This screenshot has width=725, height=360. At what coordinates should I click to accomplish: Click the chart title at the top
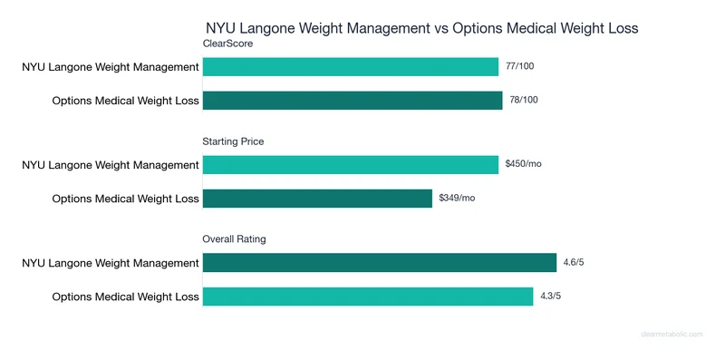tap(421, 28)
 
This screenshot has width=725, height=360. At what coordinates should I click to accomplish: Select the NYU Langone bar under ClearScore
tap(350, 66)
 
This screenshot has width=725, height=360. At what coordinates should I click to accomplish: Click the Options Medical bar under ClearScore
tap(352, 100)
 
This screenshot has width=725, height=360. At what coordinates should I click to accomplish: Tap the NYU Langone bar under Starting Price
tap(350, 164)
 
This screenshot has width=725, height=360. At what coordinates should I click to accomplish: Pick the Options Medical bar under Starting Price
tap(317, 198)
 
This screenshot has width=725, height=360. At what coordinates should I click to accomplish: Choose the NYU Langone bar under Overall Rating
tap(379, 262)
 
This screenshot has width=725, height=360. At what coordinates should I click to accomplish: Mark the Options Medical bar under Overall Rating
tap(367, 296)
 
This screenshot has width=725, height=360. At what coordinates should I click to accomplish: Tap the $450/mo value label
tap(523, 164)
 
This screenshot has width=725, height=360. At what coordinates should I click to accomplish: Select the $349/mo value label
tap(457, 198)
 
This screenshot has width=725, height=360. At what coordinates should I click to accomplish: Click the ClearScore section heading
tap(227, 44)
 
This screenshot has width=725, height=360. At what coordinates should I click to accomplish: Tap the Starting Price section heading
tap(233, 141)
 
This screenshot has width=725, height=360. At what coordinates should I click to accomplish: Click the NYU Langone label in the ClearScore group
tap(111, 66)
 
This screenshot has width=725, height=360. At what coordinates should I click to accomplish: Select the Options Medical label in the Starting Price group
tap(125, 198)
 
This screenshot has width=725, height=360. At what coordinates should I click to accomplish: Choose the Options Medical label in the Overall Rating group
tap(125, 296)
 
